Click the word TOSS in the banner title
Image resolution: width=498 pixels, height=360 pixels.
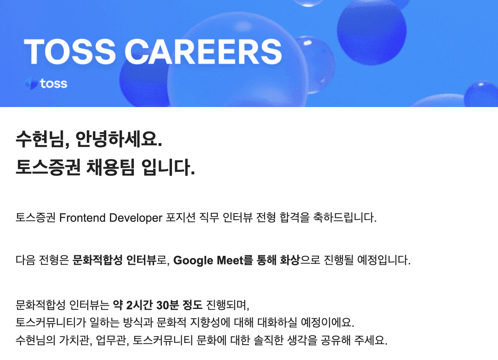tap(70, 52)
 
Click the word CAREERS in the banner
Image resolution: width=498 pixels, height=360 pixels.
tap(203, 52)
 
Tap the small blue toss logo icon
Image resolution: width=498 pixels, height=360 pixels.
tap(31, 84)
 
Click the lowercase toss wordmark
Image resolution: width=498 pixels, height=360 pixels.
tap(54, 84)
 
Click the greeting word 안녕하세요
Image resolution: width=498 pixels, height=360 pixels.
tap(119, 139)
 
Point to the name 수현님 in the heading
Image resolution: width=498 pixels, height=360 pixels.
tap(43, 139)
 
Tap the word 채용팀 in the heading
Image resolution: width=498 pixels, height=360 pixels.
tap(110, 167)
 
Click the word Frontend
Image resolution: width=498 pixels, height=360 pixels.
tap(82, 218)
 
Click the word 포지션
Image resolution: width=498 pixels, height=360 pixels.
tap(180, 218)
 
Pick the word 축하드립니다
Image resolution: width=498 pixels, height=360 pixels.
tap(345, 218)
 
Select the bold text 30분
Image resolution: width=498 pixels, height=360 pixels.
tap(167, 305)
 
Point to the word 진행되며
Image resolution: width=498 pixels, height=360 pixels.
tap(228, 305)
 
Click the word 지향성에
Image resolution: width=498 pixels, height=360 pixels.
tap(210, 322)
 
